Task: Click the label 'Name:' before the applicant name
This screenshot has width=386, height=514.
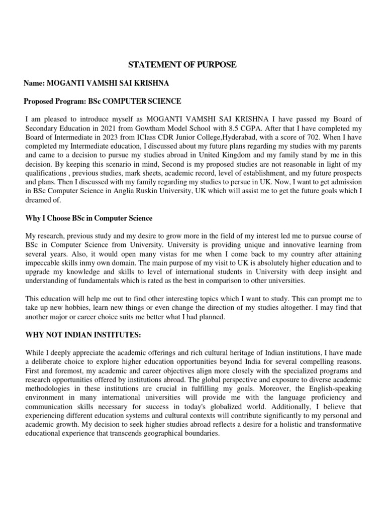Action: point(35,83)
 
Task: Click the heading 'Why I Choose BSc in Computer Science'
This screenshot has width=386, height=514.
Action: point(88,218)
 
